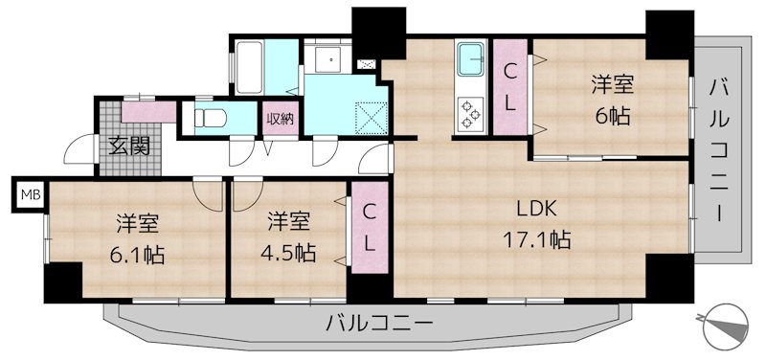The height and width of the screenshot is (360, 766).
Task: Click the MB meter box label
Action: coord(31,196)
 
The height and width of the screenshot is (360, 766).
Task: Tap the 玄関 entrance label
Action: coord(127,146)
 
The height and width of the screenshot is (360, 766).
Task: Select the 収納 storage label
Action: coord(281,119)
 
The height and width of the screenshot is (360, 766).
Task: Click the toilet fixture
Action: coord(212,120)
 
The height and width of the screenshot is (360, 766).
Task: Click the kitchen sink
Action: coord(472,59)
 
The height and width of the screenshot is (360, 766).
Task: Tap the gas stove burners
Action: coord(472,112)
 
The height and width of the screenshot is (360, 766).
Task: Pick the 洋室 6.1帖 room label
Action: coord(137,239)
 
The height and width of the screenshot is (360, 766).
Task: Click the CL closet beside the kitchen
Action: coord(511,87)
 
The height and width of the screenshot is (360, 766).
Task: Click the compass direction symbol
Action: coord(725,326)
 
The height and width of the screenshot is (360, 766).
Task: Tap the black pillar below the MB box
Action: coord(63,281)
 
